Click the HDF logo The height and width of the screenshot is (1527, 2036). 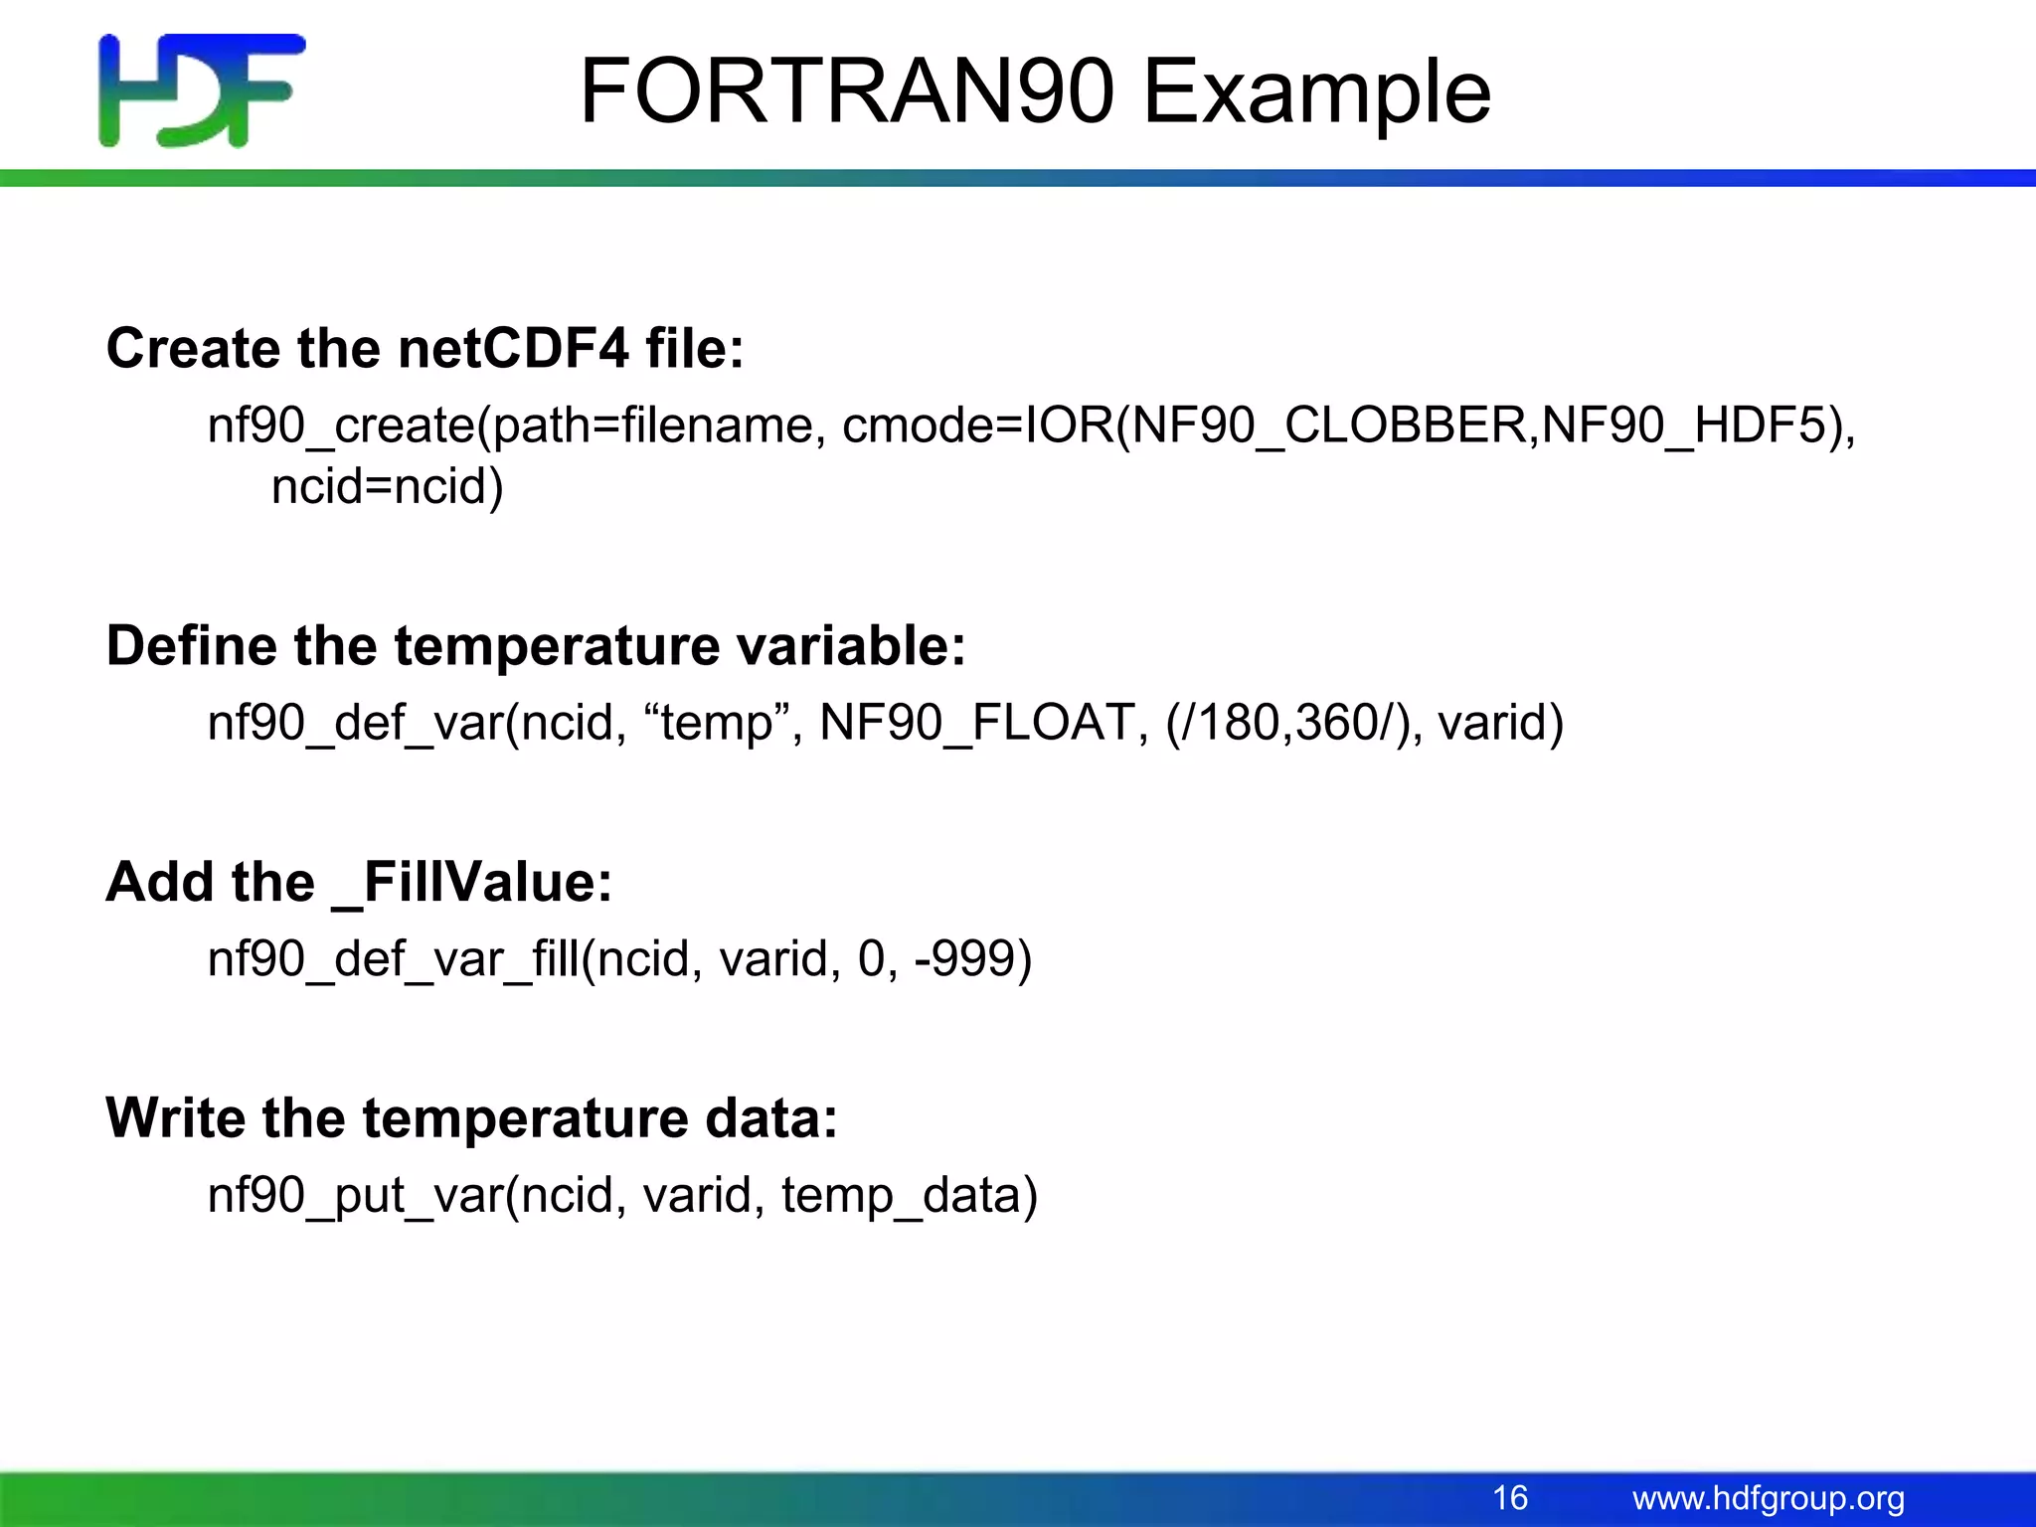click(x=202, y=90)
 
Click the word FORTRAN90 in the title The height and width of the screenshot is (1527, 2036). click(x=845, y=91)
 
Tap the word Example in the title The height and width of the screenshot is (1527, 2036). click(x=1316, y=93)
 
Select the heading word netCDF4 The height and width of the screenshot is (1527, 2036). click(x=513, y=349)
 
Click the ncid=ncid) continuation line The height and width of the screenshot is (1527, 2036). click(x=388, y=487)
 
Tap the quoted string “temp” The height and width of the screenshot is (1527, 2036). click(x=717, y=723)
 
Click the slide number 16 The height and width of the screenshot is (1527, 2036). click(x=1510, y=1498)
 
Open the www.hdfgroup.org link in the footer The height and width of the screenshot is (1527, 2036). click(x=1769, y=1498)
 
